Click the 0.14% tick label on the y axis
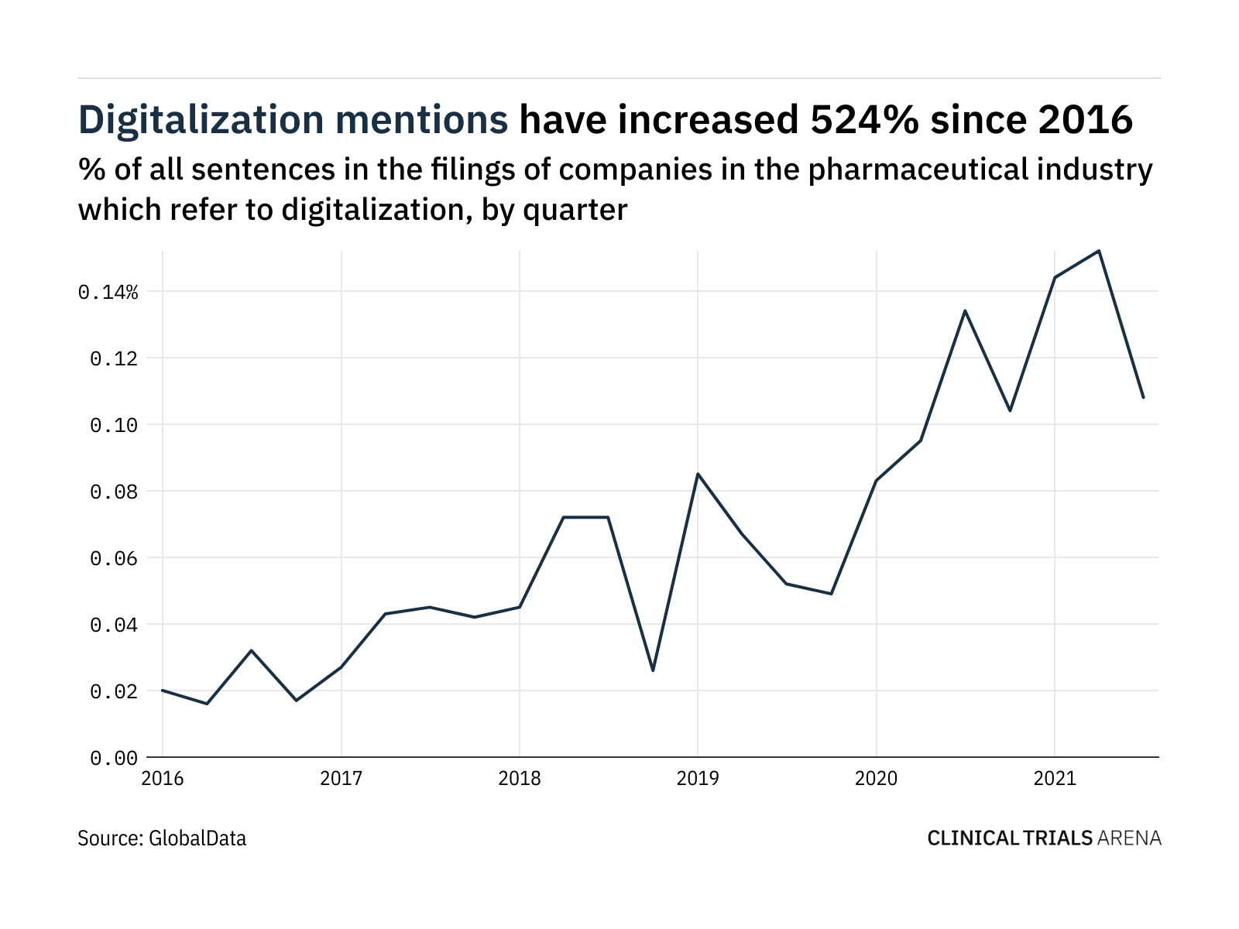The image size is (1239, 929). (108, 292)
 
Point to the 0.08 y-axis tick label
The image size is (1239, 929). (114, 492)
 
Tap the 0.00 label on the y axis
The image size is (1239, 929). (114, 758)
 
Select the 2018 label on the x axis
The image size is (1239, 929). (519, 778)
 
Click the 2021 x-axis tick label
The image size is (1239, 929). (1055, 778)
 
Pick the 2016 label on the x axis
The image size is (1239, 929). (163, 778)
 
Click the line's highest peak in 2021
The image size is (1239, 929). (1099, 251)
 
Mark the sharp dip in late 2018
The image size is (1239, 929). (653, 670)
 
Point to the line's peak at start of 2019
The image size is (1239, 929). (698, 474)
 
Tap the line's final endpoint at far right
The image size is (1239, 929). (1143, 397)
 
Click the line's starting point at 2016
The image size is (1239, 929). (163, 690)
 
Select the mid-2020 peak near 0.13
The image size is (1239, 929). (965, 310)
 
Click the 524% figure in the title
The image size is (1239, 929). (858, 120)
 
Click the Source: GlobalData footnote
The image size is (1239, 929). (162, 838)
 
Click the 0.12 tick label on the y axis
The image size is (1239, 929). (114, 358)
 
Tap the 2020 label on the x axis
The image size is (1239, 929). (876, 778)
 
